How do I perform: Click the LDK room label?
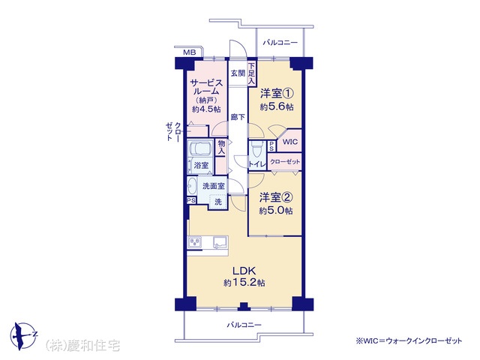(244, 271)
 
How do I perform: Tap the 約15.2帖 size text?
(244, 282)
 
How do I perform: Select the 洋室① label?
(277, 93)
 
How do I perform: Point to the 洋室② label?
(276, 198)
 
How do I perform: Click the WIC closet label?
(289, 142)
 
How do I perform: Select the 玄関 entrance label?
(238, 73)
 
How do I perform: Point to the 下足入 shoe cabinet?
(252, 73)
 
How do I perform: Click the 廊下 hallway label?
(238, 117)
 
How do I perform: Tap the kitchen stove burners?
(195, 242)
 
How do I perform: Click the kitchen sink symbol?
(220, 242)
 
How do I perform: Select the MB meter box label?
(190, 52)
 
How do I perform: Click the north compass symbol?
(22, 335)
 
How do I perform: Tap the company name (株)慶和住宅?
(82, 346)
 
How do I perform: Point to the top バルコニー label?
(280, 43)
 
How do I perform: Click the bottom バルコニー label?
(244, 325)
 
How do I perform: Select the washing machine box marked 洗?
(218, 202)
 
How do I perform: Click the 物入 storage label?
(221, 147)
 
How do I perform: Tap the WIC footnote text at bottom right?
(408, 340)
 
